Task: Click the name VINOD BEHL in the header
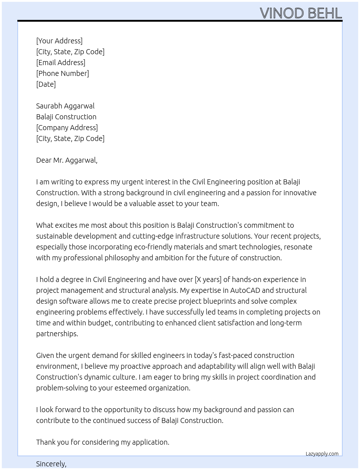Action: pos(301,13)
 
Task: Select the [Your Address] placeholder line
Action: pos(59,41)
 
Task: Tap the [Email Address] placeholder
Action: pos(61,63)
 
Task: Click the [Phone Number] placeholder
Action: pos(63,73)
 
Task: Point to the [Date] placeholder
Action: pos(46,84)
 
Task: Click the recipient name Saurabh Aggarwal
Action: pos(65,106)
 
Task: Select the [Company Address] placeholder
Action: pos(67,128)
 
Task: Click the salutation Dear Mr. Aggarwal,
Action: pos(67,160)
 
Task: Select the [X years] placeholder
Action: pos(208,279)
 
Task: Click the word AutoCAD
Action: pos(245,290)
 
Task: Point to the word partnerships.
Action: pos(57,334)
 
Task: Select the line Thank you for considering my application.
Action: pos(103,442)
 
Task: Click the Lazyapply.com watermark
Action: pos(322,454)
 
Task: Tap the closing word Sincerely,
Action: pos(51,464)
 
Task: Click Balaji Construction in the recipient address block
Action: pos(66,117)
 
